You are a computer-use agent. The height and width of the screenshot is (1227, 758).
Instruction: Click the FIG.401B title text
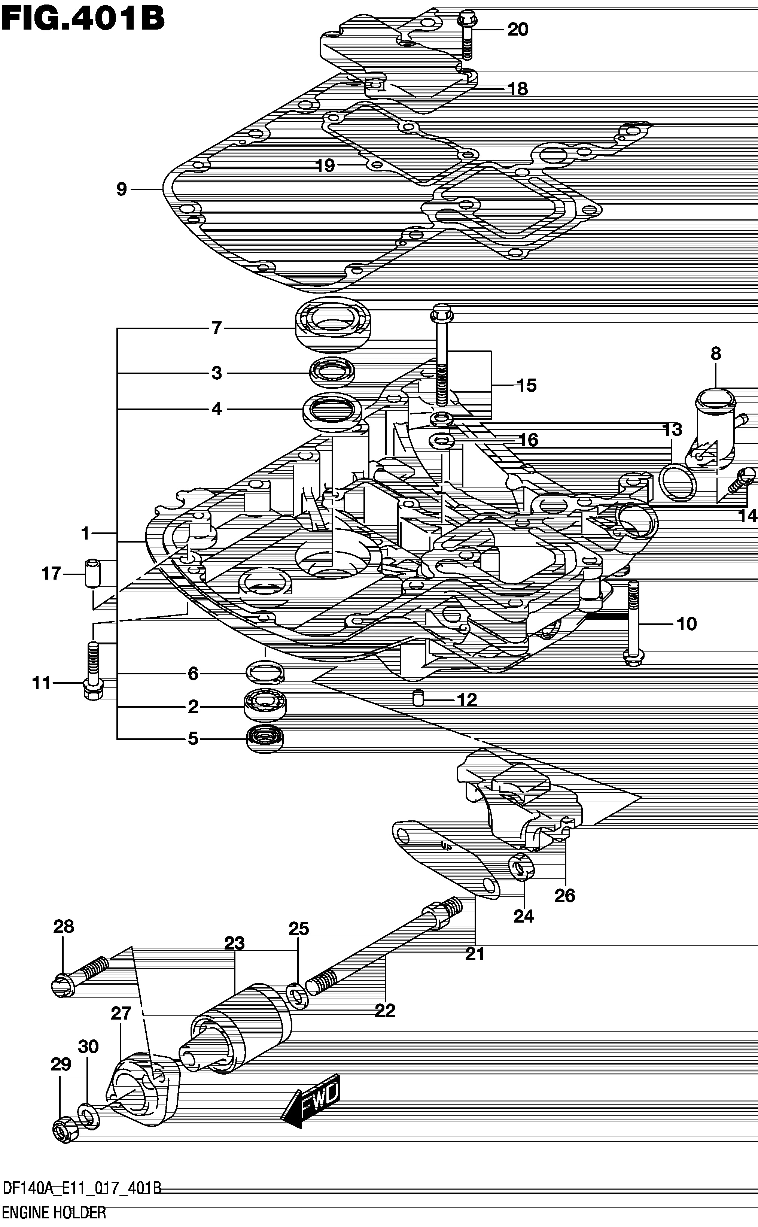click(x=83, y=19)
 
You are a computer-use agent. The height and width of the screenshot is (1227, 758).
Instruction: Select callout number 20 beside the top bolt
click(x=518, y=30)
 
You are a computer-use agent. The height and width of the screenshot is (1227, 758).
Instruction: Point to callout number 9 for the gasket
click(x=122, y=189)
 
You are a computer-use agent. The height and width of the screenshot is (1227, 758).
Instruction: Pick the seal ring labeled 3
click(x=332, y=373)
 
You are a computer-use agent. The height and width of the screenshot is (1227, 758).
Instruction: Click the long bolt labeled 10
click(x=634, y=624)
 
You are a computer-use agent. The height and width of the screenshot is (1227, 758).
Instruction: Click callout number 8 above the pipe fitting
click(x=715, y=353)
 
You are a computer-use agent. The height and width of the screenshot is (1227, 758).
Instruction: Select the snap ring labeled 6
click(x=265, y=673)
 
